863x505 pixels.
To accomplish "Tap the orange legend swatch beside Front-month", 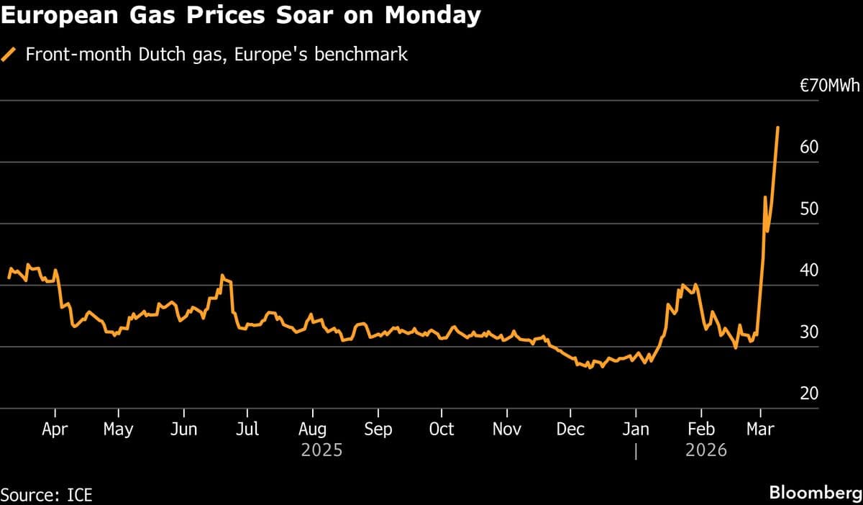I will coord(9,55).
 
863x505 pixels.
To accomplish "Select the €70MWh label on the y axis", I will coord(830,86).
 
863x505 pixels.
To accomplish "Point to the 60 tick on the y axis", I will coord(809,147).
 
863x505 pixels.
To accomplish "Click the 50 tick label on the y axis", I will coord(809,209).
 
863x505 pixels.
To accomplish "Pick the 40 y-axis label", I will coord(809,270).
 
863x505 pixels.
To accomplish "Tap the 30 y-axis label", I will coord(809,332).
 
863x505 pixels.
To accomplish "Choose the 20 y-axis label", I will coord(809,393).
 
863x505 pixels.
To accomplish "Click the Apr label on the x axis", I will coord(55,429).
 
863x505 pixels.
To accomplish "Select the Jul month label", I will coord(247,429).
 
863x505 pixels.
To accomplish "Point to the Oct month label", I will coord(441,429).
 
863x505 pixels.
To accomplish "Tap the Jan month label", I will coord(635,429).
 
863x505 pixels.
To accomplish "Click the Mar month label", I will coord(760,429).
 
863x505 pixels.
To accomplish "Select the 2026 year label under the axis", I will coord(706,451).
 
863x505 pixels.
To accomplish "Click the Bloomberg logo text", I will coord(815,493).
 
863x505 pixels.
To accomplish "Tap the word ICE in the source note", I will coord(78,495).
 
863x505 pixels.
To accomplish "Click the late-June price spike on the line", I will coord(222,276).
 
